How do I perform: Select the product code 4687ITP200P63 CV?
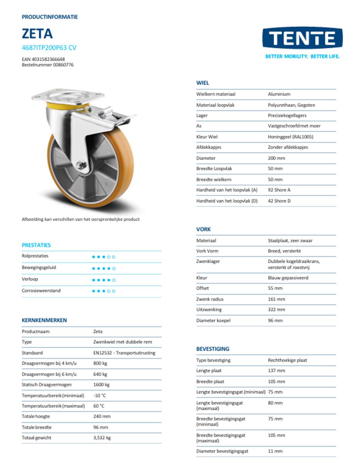coord(49,48)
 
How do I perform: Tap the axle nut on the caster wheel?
coord(80,165)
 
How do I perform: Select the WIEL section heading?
coord(203,83)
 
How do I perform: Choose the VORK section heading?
coord(204,229)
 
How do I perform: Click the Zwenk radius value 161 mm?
coord(276,299)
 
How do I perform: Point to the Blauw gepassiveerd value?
coord(288,278)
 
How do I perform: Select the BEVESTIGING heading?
coord(213,349)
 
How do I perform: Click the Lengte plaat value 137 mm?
coord(276,371)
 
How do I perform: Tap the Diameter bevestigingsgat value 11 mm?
coord(275,451)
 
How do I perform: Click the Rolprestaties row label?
coord(35,256)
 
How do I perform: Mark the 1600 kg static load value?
coord(101,385)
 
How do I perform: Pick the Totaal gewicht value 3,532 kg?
coord(102,438)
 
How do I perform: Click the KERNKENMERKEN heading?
coord(44,320)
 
